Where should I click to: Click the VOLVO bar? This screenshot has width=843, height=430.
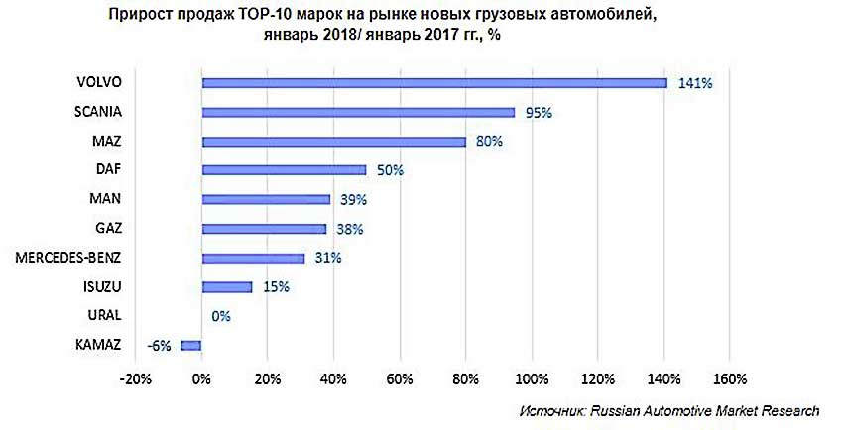(434, 83)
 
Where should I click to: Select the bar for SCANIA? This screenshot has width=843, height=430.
(358, 112)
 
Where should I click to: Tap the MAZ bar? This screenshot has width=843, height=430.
(333, 142)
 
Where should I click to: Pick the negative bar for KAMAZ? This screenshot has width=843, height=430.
(190, 346)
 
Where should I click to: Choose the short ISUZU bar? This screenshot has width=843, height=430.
(226, 287)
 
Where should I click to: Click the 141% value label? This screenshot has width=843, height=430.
(695, 83)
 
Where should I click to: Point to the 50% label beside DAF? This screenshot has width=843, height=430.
(390, 170)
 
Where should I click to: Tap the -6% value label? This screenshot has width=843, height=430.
(159, 346)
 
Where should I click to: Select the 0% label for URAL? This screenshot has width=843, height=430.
(220, 317)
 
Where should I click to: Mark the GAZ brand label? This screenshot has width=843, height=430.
(106, 229)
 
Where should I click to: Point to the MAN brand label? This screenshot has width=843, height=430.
(105, 200)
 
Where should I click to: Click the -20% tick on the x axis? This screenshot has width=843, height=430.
(135, 377)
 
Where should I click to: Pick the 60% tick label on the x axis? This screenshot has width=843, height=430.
(400, 377)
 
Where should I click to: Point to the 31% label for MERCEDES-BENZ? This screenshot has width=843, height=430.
(328, 259)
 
